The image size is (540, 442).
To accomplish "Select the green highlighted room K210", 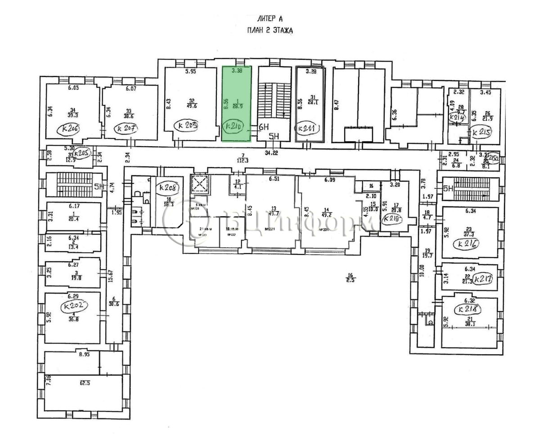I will point(236,103).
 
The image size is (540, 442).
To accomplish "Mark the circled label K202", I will point(74,306).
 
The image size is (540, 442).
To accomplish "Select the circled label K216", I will point(468,245).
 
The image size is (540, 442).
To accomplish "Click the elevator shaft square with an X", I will point(198,183).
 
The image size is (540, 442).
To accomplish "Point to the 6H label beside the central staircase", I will point(263,127).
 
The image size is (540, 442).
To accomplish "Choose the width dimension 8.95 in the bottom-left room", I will point(84,355).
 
